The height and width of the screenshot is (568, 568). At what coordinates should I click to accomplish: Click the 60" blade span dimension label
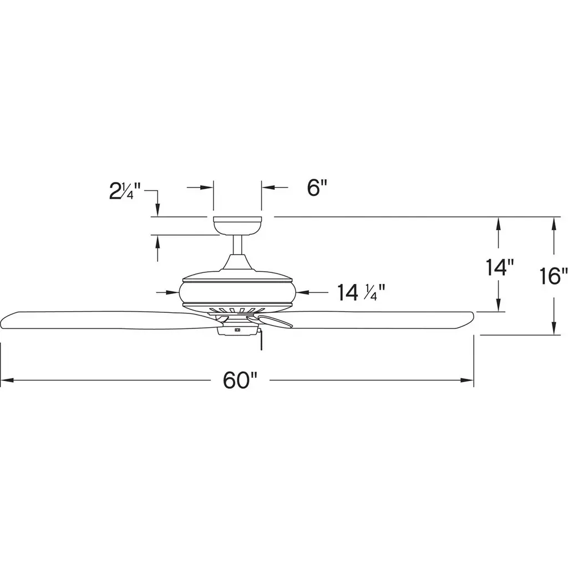pyautogui.click(x=240, y=381)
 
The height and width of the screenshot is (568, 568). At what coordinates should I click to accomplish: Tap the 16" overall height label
pyautogui.click(x=554, y=276)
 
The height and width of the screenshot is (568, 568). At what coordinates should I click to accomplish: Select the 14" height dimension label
pyautogui.click(x=500, y=267)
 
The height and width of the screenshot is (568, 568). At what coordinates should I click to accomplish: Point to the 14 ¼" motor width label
pyautogui.click(x=361, y=292)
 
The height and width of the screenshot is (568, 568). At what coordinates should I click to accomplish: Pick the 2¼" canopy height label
pyautogui.click(x=125, y=191)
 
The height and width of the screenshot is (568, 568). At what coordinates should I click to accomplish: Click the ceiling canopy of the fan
pyautogui.click(x=237, y=225)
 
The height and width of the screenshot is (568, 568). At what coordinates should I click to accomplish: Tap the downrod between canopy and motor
pyautogui.click(x=237, y=245)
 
